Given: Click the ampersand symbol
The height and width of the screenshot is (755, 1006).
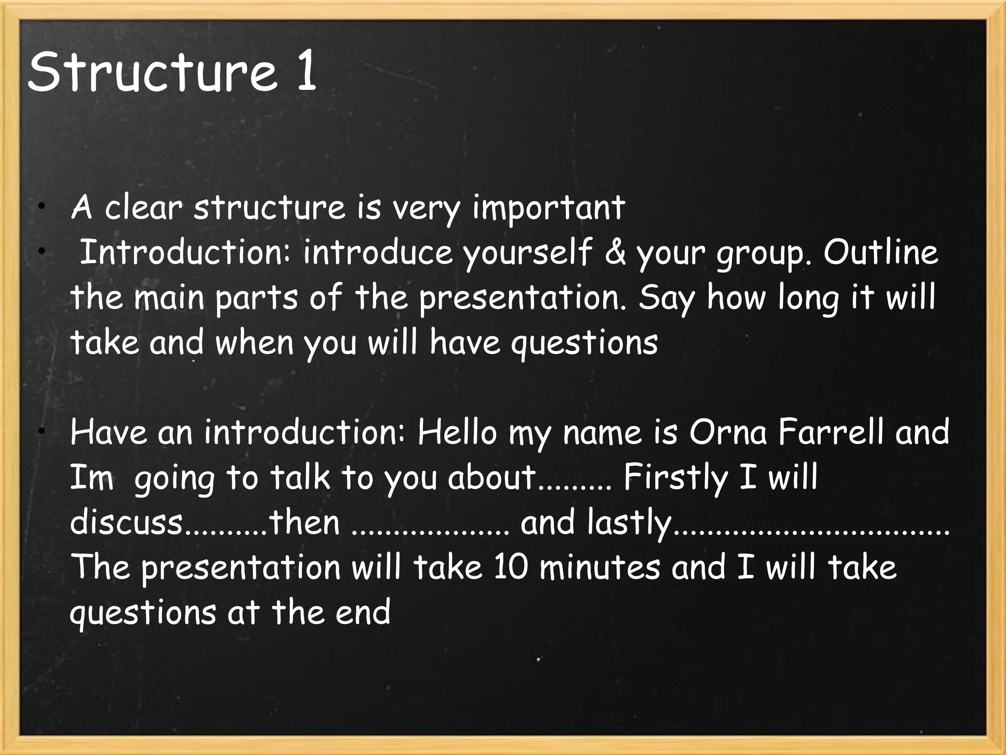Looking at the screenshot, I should (x=615, y=253).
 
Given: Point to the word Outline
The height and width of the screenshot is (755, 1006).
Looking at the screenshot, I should (x=880, y=253).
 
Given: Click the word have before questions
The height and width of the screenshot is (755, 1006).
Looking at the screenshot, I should (x=465, y=342).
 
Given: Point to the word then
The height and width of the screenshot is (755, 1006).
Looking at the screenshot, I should (x=304, y=523).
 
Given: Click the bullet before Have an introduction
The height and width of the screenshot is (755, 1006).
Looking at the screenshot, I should (x=43, y=432).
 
